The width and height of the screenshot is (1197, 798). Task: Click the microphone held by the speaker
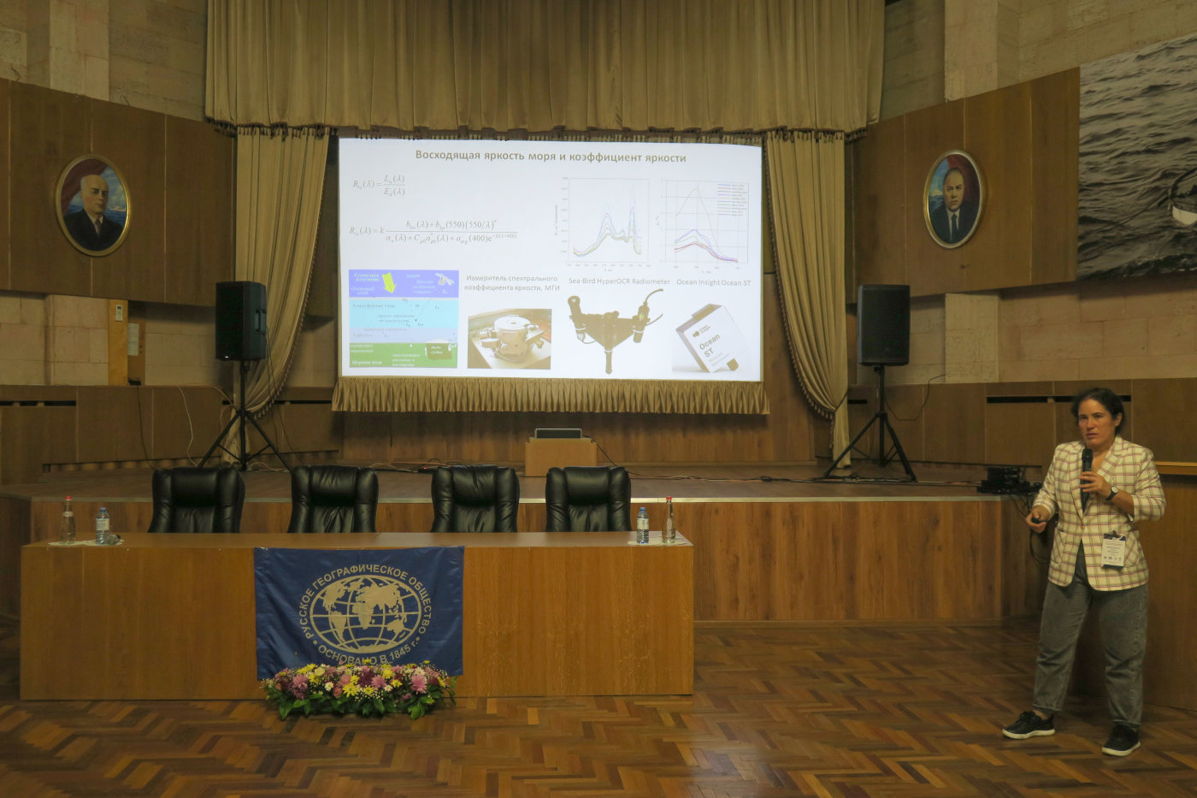pos(1087,463)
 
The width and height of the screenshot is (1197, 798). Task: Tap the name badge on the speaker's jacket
pos(1113,550)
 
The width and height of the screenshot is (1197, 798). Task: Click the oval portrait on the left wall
pos(93,205)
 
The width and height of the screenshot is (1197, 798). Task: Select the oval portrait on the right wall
pos(953,199)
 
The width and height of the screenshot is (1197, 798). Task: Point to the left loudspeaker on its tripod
pos(240,321)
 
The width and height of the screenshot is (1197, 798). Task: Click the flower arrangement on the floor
pos(358,689)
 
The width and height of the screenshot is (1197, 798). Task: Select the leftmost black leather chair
pos(197,500)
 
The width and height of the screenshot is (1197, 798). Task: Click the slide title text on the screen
pos(550,157)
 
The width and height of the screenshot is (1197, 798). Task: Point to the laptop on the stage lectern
pos(557,434)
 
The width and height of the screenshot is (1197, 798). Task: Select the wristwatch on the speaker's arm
pos(1112,494)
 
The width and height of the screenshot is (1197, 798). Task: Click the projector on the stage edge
pos(1003,479)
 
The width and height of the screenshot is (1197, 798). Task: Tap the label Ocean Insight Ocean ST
pos(713,281)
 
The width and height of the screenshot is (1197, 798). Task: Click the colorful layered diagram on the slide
pos(403,319)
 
